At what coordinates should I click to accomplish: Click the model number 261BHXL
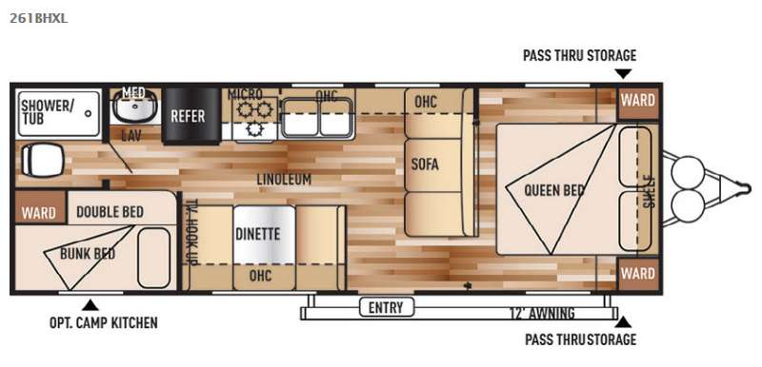point(38,18)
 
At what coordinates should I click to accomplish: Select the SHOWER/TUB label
point(47,111)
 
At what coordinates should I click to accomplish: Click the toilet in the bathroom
point(42,160)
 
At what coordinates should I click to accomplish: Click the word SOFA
point(425,164)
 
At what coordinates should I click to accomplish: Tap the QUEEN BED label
point(553,190)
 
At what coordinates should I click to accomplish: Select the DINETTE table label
point(257,234)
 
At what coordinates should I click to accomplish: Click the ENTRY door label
point(386,307)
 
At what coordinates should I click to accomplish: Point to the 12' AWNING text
point(542,313)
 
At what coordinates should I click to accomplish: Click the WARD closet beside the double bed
point(38,213)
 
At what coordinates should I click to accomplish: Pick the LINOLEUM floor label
point(284,179)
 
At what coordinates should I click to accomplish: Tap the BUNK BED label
point(88,254)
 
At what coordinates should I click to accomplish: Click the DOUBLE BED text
point(110,212)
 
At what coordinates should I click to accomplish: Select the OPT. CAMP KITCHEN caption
point(103,322)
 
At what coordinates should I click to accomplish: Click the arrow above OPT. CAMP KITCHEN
point(90,305)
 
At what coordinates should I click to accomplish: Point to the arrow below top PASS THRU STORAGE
point(623,74)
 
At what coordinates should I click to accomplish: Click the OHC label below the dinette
point(260,276)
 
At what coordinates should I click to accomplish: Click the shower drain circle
point(88,113)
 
